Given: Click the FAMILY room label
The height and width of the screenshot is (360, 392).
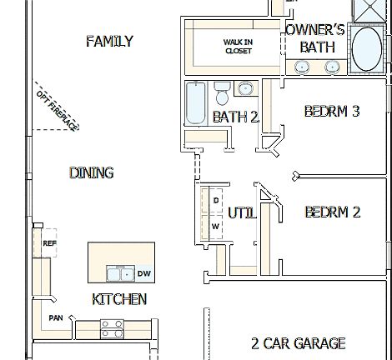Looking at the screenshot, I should (x=109, y=41).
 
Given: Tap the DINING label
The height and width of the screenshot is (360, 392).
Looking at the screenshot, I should (x=92, y=172).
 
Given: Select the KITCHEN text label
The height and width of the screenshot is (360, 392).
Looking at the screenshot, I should (x=119, y=299).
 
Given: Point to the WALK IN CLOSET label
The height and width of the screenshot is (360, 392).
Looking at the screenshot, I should (x=238, y=46).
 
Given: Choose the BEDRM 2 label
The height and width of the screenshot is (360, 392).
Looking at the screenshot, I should (x=332, y=212).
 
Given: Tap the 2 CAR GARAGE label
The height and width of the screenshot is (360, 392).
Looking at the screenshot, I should (x=298, y=342).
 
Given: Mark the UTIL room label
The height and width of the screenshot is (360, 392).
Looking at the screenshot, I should (x=241, y=212).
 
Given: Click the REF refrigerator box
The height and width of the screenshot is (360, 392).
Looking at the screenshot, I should (x=48, y=242).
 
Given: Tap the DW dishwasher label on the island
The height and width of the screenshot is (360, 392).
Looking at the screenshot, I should (x=143, y=273).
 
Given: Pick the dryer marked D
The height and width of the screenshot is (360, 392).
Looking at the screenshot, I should (x=214, y=201).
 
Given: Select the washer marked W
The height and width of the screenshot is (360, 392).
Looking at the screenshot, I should (x=214, y=225).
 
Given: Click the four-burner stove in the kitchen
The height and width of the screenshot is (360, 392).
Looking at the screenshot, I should (x=113, y=328).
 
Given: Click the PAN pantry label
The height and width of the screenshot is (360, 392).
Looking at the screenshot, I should (x=56, y=317).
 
